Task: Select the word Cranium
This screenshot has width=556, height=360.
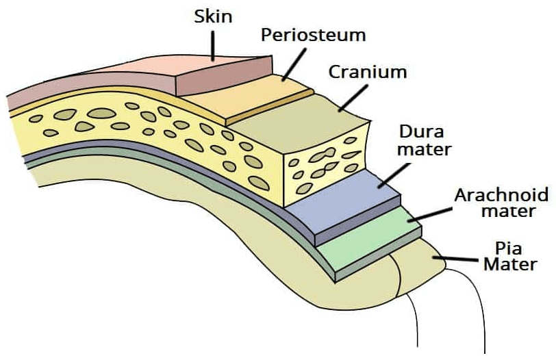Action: click(x=367, y=72)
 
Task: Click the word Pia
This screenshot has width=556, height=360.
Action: click(x=509, y=247)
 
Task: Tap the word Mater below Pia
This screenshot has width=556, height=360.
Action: click(x=510, y=263)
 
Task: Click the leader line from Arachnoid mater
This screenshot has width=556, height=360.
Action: click(x=431, y=214)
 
